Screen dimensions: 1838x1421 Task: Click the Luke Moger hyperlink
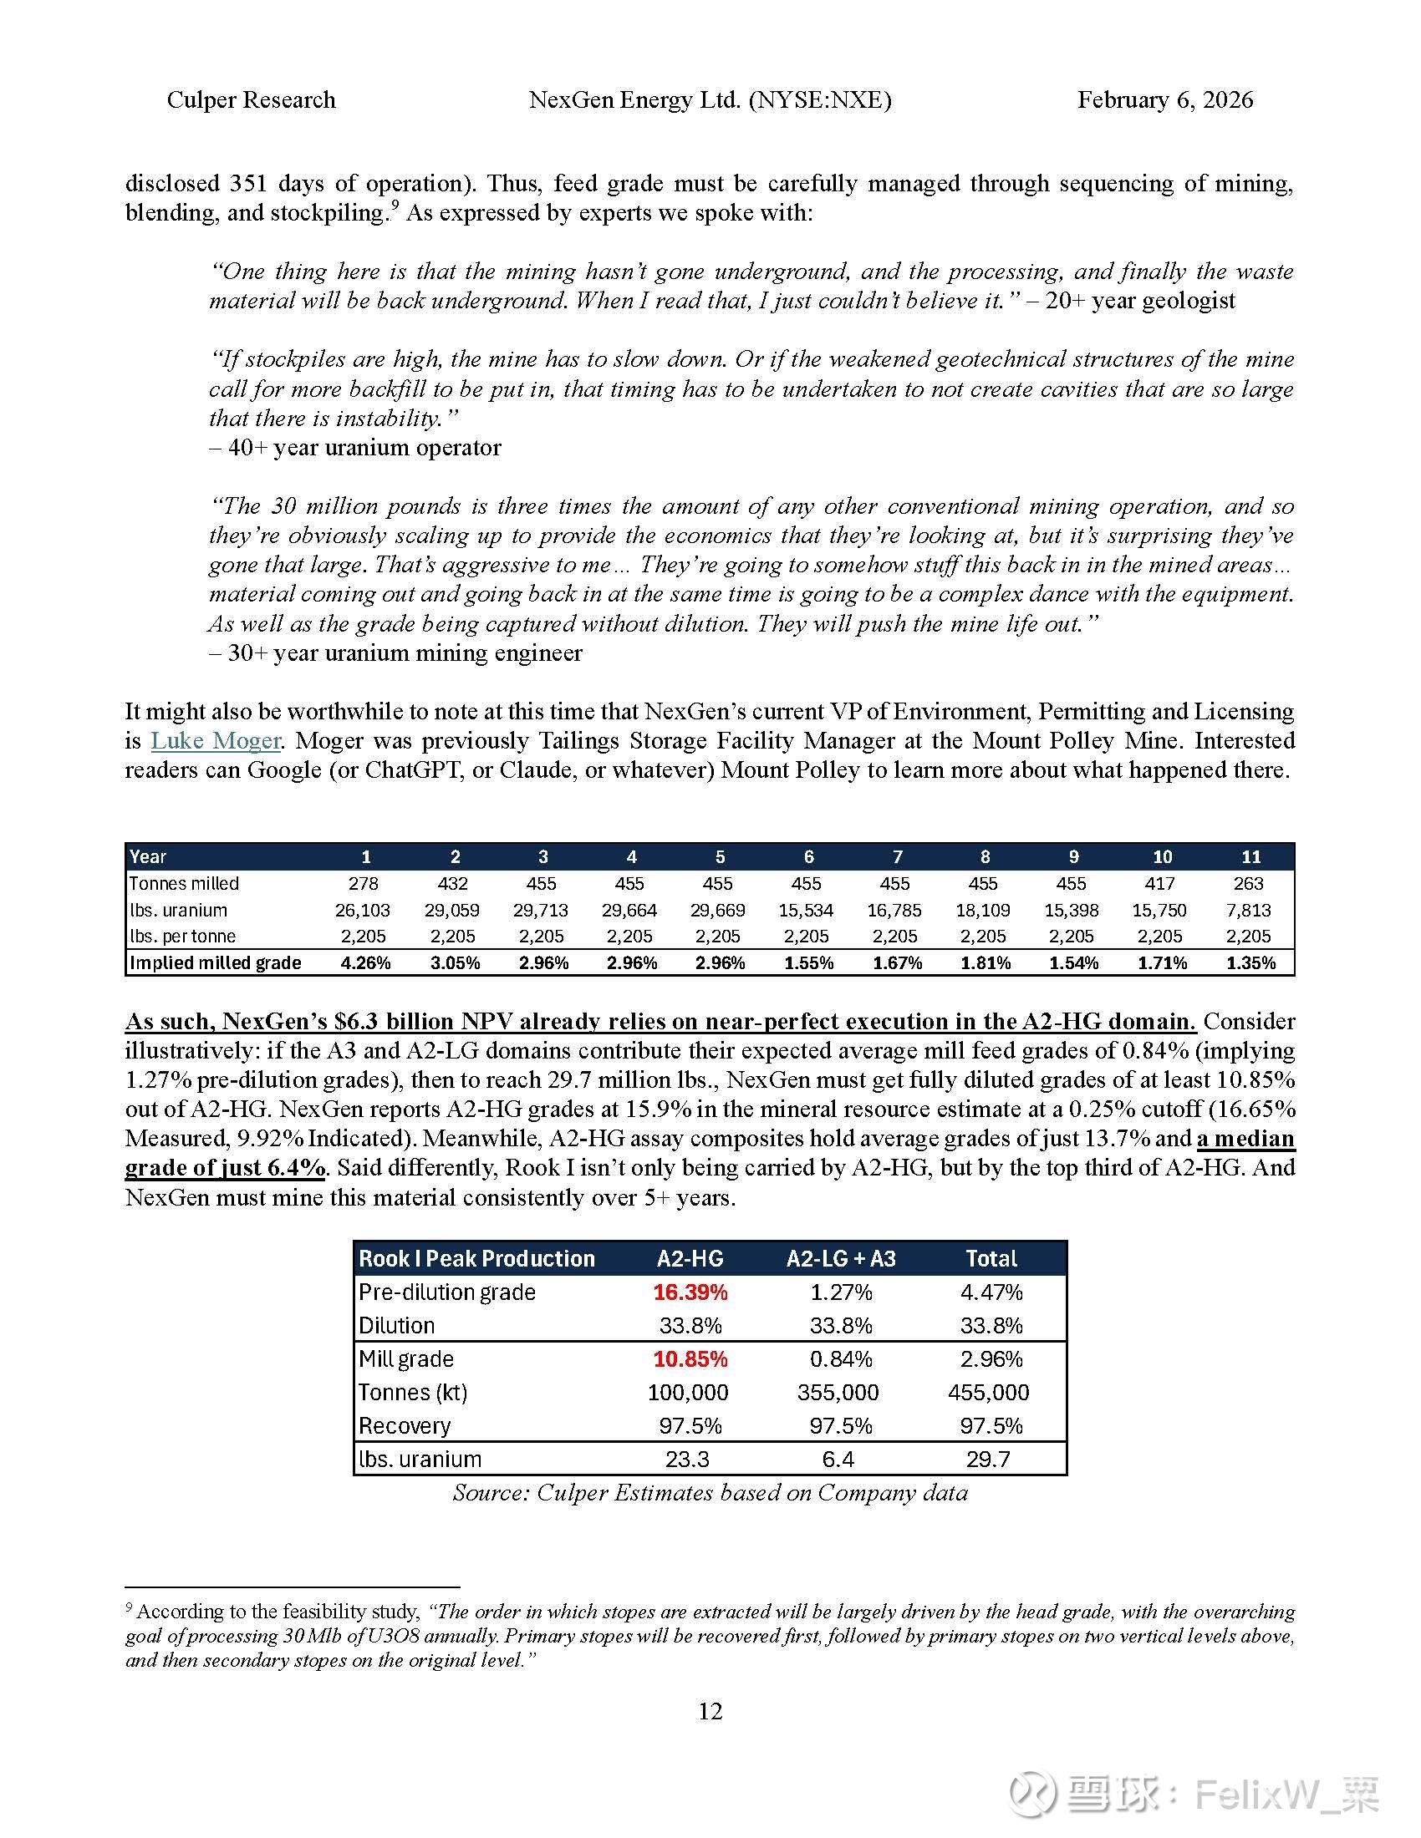click(x=216, y=740)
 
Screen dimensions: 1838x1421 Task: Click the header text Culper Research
click(x=251, y=100)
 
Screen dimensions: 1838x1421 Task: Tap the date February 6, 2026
click(x=1165, y=100)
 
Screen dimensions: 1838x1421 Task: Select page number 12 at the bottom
click(x=710, y=1711)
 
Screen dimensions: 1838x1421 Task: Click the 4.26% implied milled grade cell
click(x=365, y=962)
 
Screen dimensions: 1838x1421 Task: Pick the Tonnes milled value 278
click(x=364, y=884)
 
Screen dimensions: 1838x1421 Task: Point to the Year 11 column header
click(x=1251, y=856)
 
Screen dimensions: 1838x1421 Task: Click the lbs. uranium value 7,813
click(x=1250, y=910)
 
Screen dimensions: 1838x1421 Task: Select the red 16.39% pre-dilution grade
click(x=690, y=1292)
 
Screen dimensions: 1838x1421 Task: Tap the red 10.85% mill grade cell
click(x=690, y=1359)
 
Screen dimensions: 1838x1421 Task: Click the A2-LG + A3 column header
click(x=841, y=1259)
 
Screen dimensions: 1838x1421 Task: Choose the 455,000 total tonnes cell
click(x=988, y=1392)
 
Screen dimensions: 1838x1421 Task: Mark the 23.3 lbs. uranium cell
click(x=687, y=1460)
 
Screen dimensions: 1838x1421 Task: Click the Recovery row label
click(x=405, y=1425)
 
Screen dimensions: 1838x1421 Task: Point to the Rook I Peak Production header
click(x=476, y=1259)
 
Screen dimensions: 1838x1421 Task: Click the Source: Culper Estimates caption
click(x=710, y=1492)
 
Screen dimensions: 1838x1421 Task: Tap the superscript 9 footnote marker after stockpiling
click(x=395, y=205)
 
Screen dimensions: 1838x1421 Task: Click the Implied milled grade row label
click(x=216, y=962)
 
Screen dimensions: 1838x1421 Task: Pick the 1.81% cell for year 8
click(x=985, y=962)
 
